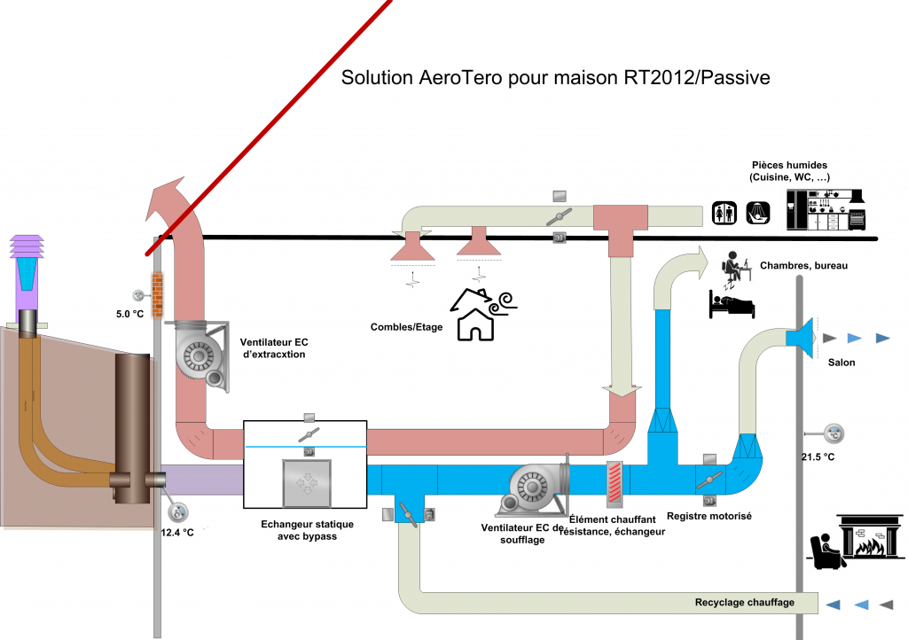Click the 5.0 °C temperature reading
pyautogui.click(x=129, y=313)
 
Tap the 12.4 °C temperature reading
pyautogui.click(x=176, y=532)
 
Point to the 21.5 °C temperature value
pyautogui.click(x=817, y=456)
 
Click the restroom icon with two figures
pyautogui.click(x=727, y=212)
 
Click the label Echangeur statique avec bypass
pyautogui.click(x=299, y=530)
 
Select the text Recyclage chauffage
pyautogui.click(x=744, y=603)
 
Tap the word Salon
pyautogui.click(x=841, y=362)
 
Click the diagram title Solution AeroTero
pyautogui.click(x=556, y=78)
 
